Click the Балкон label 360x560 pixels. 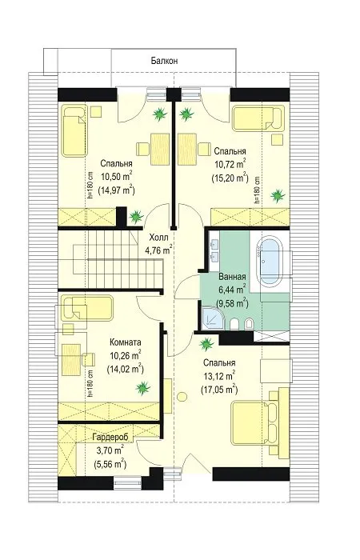point(164,60)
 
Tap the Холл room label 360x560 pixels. point(158,238)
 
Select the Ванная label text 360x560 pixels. point(232,277)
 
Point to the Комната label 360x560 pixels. point(126,342)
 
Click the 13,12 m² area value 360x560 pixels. point(219,376)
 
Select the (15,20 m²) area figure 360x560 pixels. point(230,178)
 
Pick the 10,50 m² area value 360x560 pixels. point(117,177)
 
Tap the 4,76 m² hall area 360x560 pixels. point(159,250)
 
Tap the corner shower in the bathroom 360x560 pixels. point(214,318)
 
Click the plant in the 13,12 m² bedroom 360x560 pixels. point(206,344)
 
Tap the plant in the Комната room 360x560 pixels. point(142,388)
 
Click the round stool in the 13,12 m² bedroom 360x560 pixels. point(182,397)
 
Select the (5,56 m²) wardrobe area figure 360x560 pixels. point(110,464)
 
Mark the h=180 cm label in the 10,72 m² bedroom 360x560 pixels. point(257,190)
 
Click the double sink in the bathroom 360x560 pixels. point(215,250)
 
